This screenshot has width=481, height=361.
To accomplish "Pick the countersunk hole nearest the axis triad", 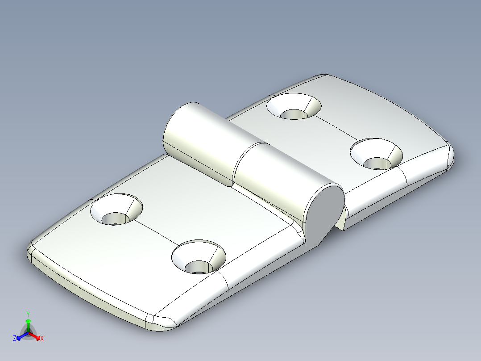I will click(x=116, y=210).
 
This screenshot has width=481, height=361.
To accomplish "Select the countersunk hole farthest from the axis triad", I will click(x=376, y=154).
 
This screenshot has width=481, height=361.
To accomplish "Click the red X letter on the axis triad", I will click(x=42, y=339).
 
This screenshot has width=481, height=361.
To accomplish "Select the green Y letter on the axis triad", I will click(x=28, y=314).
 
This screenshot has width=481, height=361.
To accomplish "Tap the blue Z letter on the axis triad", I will click(x=15, y=339).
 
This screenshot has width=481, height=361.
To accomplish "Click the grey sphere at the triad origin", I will click(x=28, y=333).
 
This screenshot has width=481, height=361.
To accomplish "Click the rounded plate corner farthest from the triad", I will click(x=448, y=154).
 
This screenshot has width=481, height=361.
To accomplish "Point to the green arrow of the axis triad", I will click(x=28, y=323).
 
